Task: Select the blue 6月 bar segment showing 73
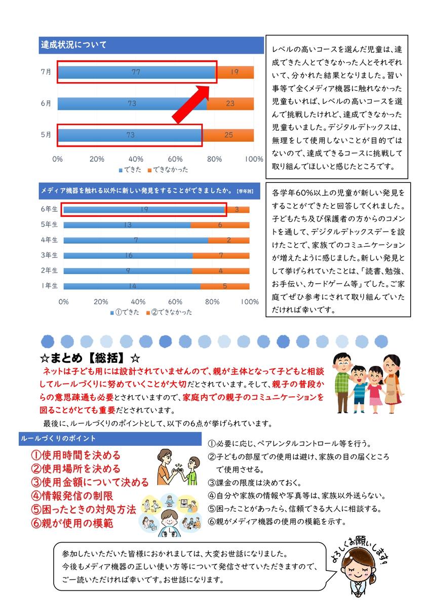[x=132, y=104]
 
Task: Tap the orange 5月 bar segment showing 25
[x=228, y=135]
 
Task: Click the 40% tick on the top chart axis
[x=136, y=159]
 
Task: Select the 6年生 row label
[x=50, y=209]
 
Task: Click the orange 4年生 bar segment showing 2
[x=228, y=240]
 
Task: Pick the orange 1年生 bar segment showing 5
[x=225, y=286]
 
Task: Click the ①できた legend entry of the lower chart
[x=125, y=312]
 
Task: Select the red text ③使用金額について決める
[x=90, y=482]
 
